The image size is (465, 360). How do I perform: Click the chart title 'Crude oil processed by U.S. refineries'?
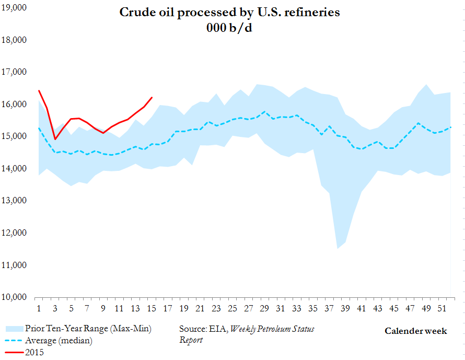(230, 12)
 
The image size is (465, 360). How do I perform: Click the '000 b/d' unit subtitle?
(229, 28)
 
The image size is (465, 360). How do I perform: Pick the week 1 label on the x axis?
(39, 307)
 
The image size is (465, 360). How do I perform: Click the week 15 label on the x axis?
(151, 307)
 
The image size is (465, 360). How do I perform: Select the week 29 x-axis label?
(264, 307)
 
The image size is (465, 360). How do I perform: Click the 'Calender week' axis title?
(416, 331)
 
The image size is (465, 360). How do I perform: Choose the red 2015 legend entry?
(36, 353)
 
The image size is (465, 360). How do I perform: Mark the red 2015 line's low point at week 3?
(55, 139)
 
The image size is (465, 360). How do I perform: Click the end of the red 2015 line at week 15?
(152, 97)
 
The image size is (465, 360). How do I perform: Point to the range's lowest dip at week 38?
(338, 248)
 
